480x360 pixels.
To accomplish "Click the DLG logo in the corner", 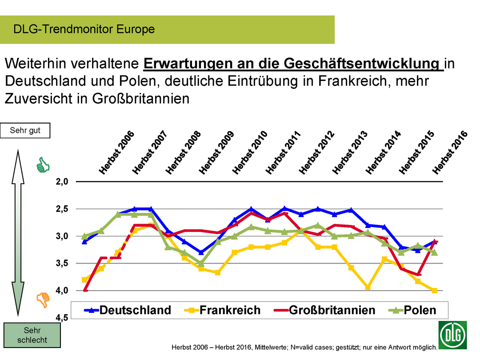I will click(x=453, y=335).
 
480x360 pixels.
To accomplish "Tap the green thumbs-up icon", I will click(x=43, y=165).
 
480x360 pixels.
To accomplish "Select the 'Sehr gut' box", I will click(x=25, y=131).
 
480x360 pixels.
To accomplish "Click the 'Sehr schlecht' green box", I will click(x=32, y=336).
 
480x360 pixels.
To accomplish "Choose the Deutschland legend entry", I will click(x=128, y=310).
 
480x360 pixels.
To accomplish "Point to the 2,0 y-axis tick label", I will click(x=62, y=181).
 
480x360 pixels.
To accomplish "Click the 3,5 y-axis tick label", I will click(x=62, y=263).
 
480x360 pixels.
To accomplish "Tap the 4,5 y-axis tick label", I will click(x=62, y=318).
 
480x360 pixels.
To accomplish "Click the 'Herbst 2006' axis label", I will click(x=116, y=152).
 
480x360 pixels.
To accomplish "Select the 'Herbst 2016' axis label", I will click(x=450, y=152).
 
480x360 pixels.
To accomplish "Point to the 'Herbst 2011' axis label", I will click(x=284, y=152).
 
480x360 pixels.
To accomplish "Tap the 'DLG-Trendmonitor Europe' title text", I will click(x=84, y=29).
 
